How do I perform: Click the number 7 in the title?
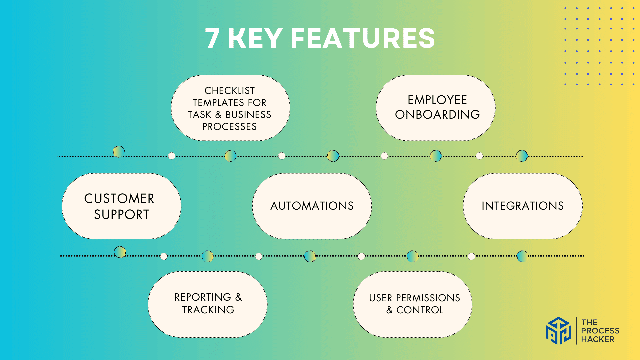[x=212, y=38]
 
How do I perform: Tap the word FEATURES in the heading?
[x=363, y=38]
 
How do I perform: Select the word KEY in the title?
[x=255, y=38]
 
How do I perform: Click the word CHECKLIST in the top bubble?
[x=230, y=91]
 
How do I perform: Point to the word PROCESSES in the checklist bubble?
[x=230, y=127]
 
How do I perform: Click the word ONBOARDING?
[x=437, y=115]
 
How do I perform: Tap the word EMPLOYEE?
[x=437, y=100]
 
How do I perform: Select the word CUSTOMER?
[x=119, y=199]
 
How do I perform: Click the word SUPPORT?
[x=122, y=215]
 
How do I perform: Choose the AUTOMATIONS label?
[x=312, y=206]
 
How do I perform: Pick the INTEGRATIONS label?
[x=523, y=206]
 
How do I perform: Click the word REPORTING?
[x=203, y=297]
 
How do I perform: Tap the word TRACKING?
[x=208, y=310]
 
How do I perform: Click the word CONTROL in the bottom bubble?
[x=420, y=310]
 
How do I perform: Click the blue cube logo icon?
[x=558, y=331]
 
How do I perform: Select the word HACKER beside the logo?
[x=598, y=339]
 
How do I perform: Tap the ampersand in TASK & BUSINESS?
[x=218, y=115]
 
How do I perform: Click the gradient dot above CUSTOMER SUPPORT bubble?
[x=119, y=152]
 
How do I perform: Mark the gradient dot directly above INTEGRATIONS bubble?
[x=522, y=156]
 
